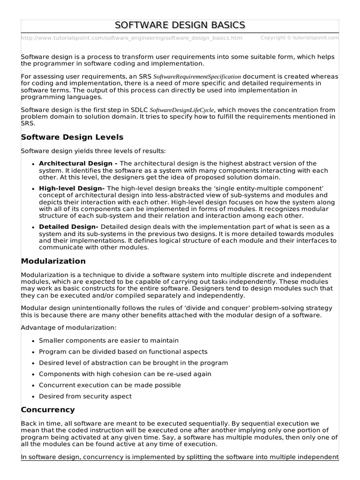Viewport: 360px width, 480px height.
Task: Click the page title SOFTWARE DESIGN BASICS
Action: tap(180, 25)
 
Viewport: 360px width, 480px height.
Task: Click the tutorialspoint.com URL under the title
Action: tap(132, 38)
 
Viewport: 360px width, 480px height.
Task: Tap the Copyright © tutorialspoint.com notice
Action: tap(299, 37)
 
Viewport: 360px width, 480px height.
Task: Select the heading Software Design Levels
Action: tap(72, 137)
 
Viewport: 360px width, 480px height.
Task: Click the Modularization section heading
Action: tap(53, 261)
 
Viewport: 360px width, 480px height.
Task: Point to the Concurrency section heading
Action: tap(48, 410)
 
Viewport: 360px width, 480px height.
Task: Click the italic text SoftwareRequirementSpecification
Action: tap(197, 76)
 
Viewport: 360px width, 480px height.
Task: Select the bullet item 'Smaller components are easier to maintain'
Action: tap(108, 341)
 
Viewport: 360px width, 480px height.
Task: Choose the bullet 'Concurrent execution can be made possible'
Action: tap(110, 385)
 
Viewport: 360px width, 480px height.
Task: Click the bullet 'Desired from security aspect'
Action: tap(85, 397)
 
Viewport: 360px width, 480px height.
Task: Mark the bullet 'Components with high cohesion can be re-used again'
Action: tap(125, 374)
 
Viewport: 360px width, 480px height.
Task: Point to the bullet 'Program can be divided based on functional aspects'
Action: tap(123, 352)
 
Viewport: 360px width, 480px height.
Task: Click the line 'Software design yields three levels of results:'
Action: tap(93, 151)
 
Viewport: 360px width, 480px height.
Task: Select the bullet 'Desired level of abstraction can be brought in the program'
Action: tap(133, 363)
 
